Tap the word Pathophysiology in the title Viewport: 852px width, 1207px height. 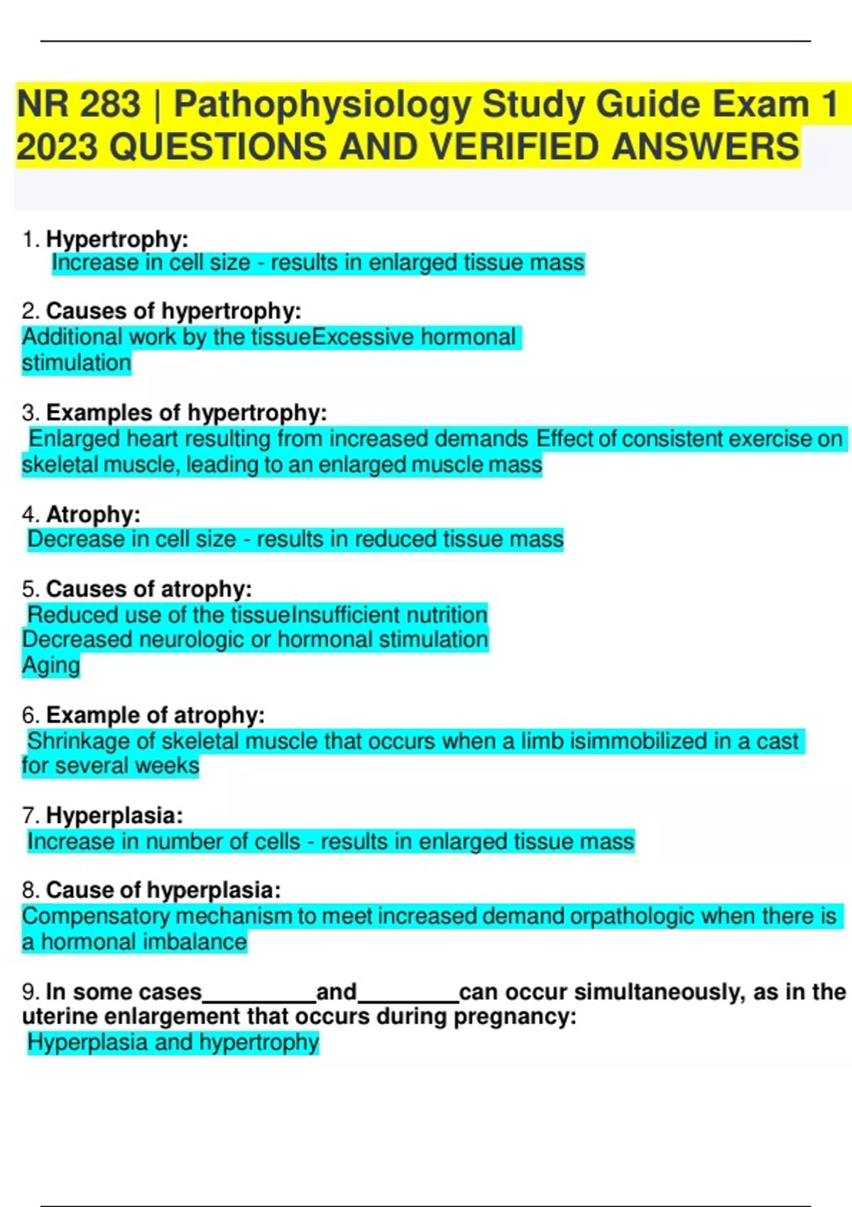tap(322, 104)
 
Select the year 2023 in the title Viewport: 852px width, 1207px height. tap(57, 148)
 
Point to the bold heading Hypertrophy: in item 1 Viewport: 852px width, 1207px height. tap(117, 239)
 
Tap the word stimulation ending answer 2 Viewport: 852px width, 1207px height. tap(77, 363)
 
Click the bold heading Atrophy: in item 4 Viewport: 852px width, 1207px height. tap(93, 514)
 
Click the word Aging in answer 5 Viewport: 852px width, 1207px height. tap(51, 665)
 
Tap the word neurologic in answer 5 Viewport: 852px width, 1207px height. tap(191, 640)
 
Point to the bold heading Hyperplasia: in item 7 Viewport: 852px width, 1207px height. tap(114, 816)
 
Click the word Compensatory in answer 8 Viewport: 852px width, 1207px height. tap(96, 917)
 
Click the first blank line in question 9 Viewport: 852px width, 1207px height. tap(259, 996)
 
